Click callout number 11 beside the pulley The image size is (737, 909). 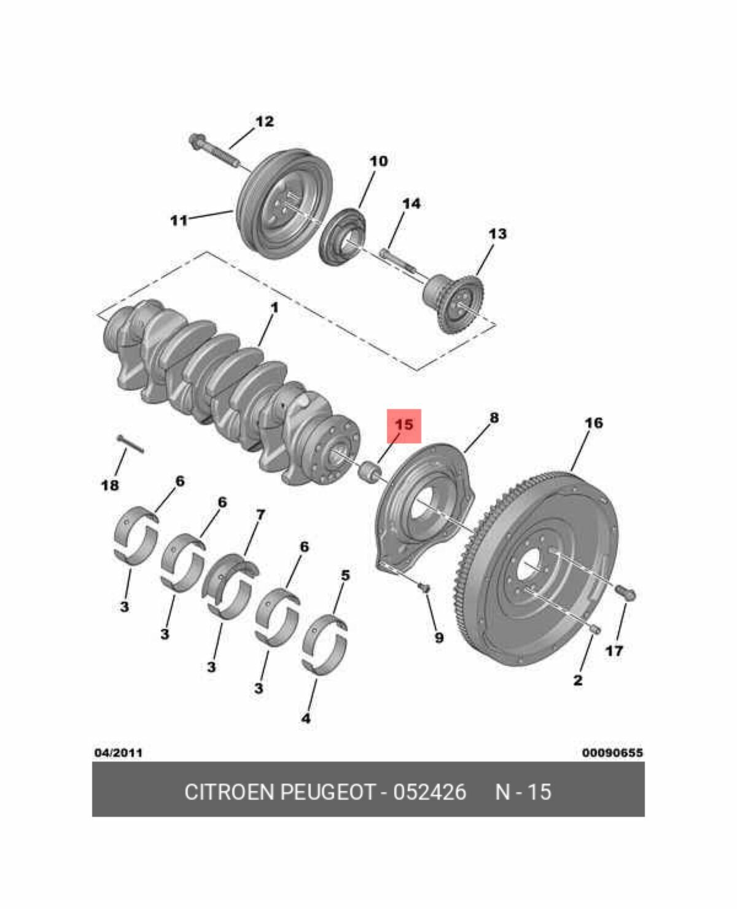click(x=179, y=220)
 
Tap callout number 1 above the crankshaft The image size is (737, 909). click(x=275, y=307)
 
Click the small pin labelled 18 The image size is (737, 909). click(x=130, y=444)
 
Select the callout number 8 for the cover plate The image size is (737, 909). click(x=494, y=418)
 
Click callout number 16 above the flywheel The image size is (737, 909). click(x=595, y=423)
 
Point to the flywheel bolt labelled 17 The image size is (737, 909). click(x=626, y=593)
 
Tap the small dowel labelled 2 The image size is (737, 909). click(x=596, y=630)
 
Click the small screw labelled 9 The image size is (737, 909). click(x=424, y=588)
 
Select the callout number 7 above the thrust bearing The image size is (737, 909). click(x=260, y=514)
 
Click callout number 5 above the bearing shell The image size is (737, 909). click(x=345, y=575)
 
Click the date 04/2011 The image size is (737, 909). click(x=118, y=752)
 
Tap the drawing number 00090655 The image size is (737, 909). click(x=612, y=752)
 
